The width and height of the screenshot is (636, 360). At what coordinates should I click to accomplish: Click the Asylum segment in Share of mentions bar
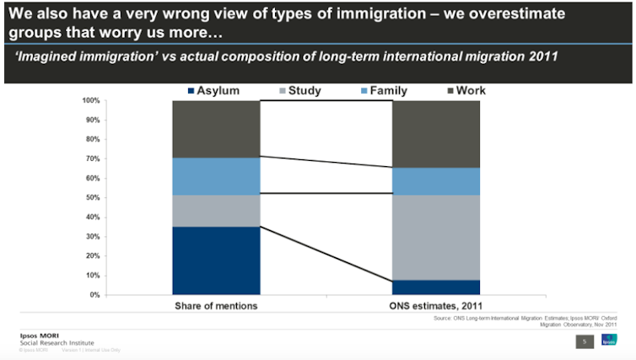[x=216, y=261]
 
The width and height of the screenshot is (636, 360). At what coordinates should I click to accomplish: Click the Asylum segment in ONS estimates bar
[x=436, y=287]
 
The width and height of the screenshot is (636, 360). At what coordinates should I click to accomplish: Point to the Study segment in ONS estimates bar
[x=436, y=237]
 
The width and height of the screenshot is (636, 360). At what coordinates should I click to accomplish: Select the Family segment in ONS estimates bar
[x=436, y=181]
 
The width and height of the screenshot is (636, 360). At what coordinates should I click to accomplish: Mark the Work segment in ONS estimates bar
[x=436, y=134]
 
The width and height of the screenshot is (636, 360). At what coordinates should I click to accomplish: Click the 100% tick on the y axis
[x=91, y=101]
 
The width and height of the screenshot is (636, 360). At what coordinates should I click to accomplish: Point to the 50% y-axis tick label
[x=93, y=198]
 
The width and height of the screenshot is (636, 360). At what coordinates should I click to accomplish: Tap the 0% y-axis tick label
[x=94, y=295]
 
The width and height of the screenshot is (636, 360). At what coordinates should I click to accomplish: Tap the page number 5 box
[x=583, y=341]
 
